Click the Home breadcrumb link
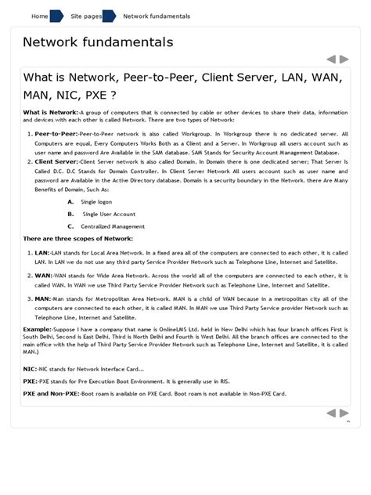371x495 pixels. coord(39,16)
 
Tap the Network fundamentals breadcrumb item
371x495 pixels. coord(157,16)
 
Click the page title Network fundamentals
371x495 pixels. coord(98,42)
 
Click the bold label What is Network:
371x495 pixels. coord(51,113)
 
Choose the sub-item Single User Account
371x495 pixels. coord(110,213)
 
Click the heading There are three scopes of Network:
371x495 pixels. coord(78,238)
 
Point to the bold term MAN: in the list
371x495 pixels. coord(43,298)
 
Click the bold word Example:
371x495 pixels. coord(37,331)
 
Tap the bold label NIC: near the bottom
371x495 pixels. coord(30,367)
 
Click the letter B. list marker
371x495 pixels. coord(70,213)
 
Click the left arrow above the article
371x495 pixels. coord(332,59)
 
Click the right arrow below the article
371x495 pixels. coord(344,413)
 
